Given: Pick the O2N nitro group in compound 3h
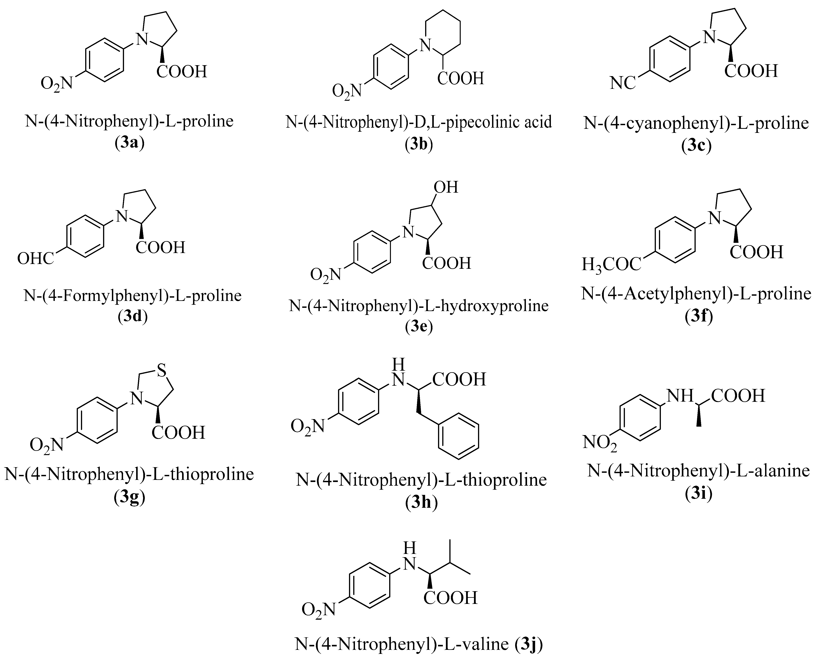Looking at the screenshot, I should pyautogui.click(x=307, y=426).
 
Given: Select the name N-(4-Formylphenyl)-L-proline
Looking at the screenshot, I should pyautogui.click(x=132, y=296).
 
